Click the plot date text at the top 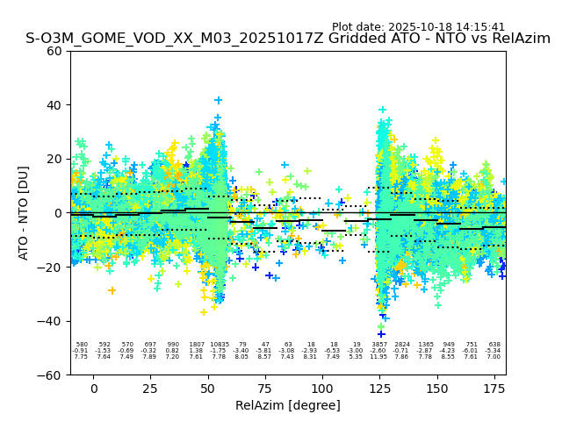(x=418, y=27)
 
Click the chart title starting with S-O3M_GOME (x=288, y=39)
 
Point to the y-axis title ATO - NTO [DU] (x=24, y=212)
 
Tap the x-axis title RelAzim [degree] (x=288, y=405)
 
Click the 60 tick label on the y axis (x=54, y=51)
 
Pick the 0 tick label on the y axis (x=58, y=213)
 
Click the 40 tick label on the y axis (x=54, y=105)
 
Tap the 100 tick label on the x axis (x=322, y=389)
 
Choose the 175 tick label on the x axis (x=494, y=389)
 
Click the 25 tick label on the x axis (x=151, y=389)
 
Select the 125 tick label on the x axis (x=379, y=389)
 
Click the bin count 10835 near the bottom (x=219, y=345)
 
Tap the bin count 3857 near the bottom (x=379, y=345)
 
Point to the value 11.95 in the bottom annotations (x=379, y=357)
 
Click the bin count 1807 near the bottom (x=196, y=345)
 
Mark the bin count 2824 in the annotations (x=402, y=345)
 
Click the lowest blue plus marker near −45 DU (x=381, y=333)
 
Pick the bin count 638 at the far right (x=494, y=345)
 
